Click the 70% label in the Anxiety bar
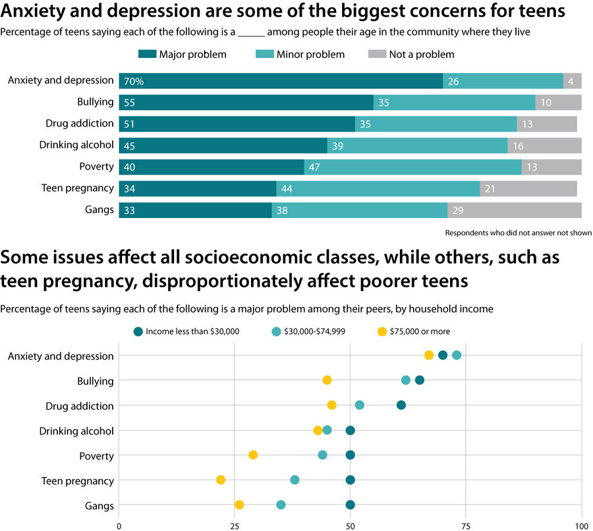pos(133,82)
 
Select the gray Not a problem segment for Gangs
pos(515,211)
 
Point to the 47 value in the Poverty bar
pos(314,167)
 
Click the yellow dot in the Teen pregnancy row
pos(221,480)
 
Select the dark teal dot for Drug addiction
pos(401,405)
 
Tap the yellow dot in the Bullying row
pos(327,380)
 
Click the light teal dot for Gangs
pos(281,505)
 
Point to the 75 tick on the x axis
pos(466,526)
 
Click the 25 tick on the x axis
pos(234,526)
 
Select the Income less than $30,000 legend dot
pos(137,331)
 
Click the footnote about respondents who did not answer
pos(518,233)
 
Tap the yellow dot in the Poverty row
pos(253,455)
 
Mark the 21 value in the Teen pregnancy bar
pos(489,189)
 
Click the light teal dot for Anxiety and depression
pos(457,356)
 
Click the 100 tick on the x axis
pos(581,526)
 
